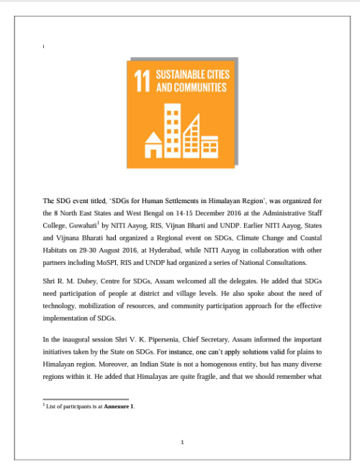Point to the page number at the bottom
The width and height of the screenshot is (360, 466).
183,442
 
